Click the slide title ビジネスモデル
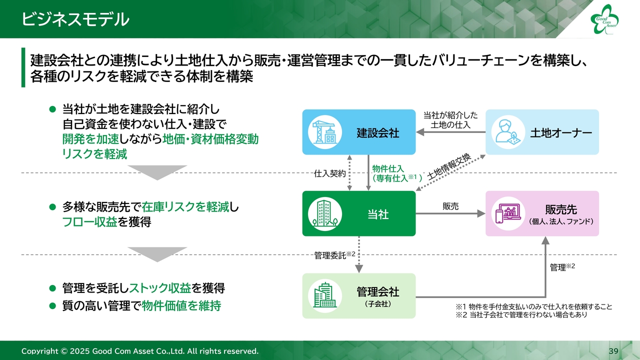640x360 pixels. click(x=75, y=19)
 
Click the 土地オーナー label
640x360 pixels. click(x=561, y=133)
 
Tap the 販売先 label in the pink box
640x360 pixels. click(x=561, y=210)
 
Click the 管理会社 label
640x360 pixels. click(x=378, y=291)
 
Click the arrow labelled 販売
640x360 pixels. click(x=450, y=213)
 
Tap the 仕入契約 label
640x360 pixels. click(x=329, y=174)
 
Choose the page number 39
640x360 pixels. click(x=613, y=350)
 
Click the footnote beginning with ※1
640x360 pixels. click(x=533, y=306)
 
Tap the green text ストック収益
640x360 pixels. click(x=160, y=288)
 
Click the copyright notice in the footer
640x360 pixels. click(x=140, y=351)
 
